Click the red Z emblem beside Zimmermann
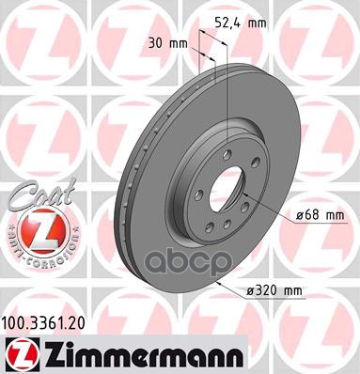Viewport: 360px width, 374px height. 18,354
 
